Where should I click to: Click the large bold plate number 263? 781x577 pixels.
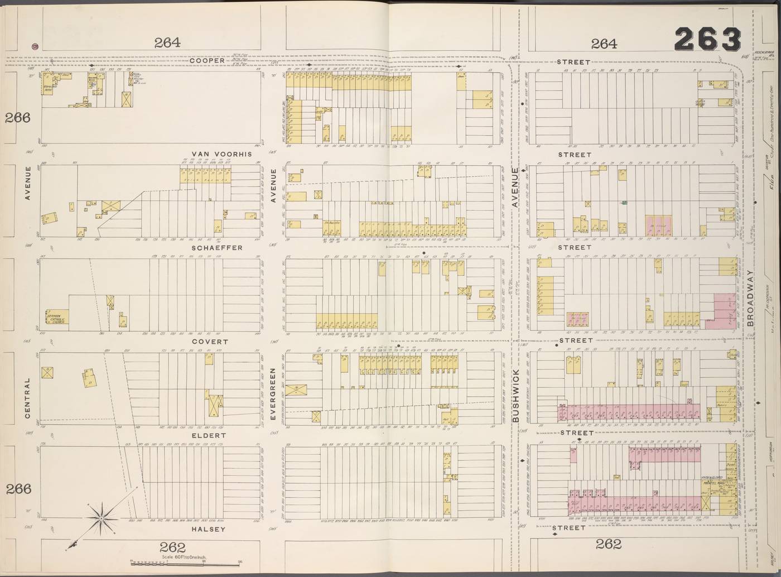pyautogui.click(x=707, y=40)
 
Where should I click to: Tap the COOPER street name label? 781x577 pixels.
pyautogui.click(x=206, y=61)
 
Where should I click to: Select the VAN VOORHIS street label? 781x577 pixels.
pyautogui.click(x=221, y=154)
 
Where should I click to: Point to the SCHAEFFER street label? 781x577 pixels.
pyautogui.click(x=217, y=247)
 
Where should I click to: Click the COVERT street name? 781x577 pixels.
pyautogui.click(x=210, y=341)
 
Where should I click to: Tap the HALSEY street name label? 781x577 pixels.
pyautogui.click(x=208, y=529)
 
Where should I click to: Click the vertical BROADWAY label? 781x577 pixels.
pyautogui.click(x=750, y=299)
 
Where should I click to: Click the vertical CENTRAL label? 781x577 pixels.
pyautogui.click(x=26, y=399)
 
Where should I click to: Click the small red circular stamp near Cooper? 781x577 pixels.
pyautogui.click(x=35, y=47)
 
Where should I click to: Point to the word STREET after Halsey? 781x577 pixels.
pyautogui.click(x=569, y=527)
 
